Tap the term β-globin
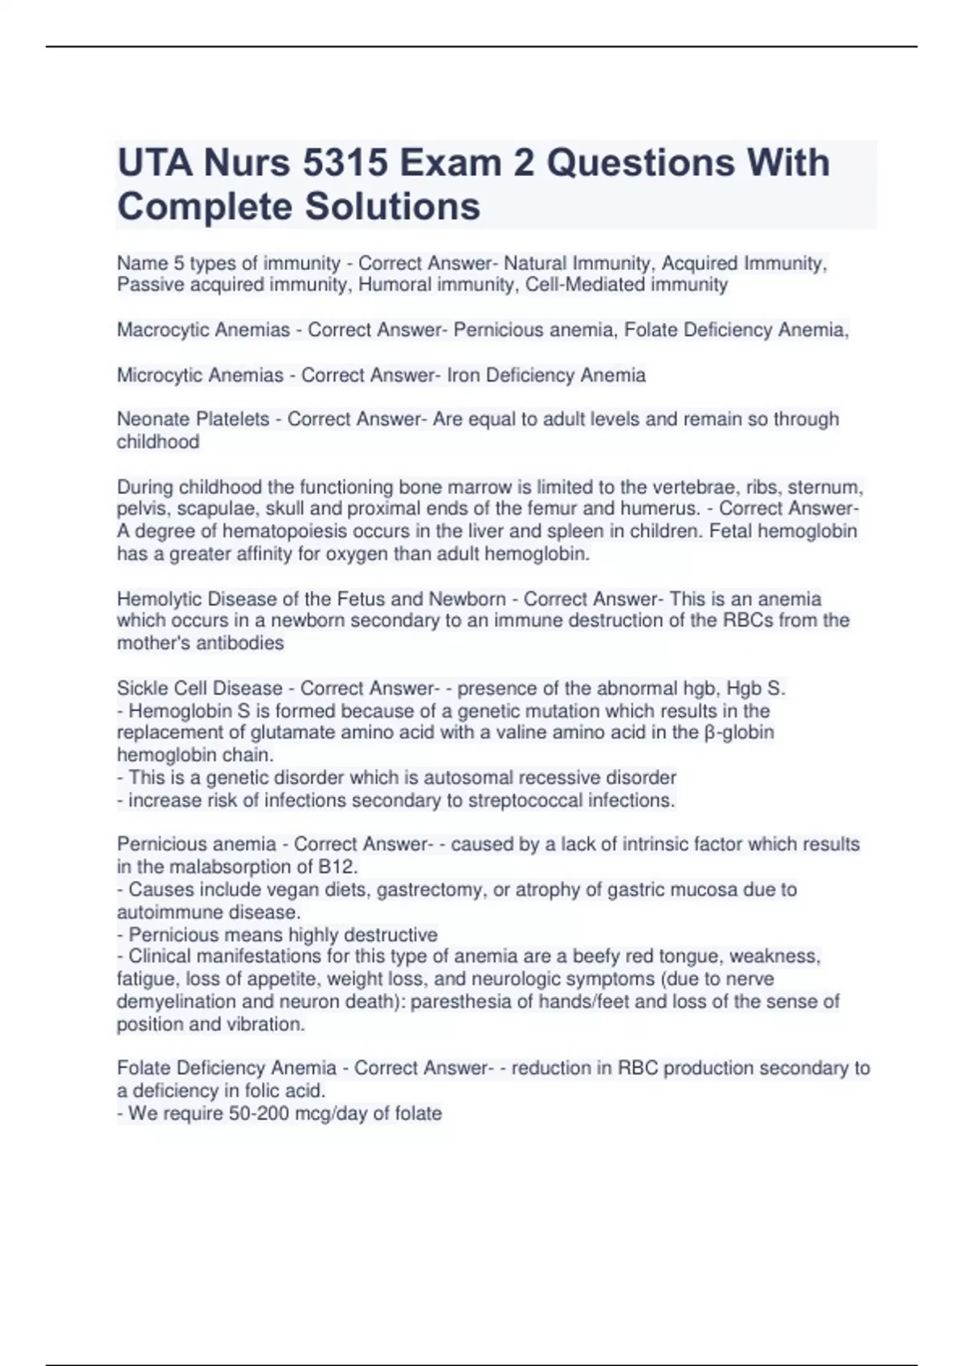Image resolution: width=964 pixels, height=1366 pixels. click(739, 733)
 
